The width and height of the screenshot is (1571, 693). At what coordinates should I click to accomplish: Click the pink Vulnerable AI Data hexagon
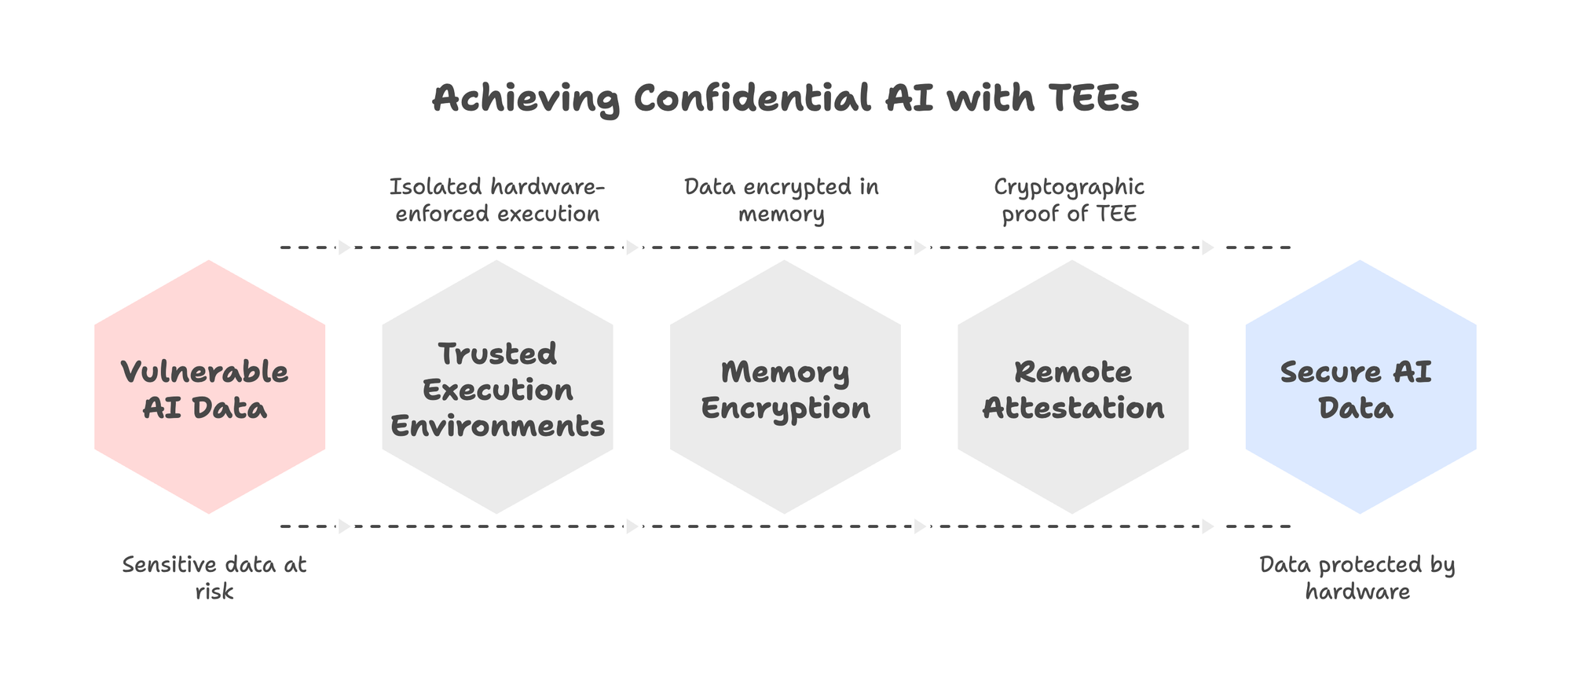pos(210,387)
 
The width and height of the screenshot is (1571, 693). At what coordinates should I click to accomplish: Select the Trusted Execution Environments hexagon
pos(497,387)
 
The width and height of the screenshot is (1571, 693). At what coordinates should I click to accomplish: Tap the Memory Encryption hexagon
pos(785,387)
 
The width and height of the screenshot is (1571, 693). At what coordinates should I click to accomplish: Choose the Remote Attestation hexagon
pos(1073,387)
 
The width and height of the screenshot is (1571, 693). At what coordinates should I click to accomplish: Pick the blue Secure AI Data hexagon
pos(1361,387)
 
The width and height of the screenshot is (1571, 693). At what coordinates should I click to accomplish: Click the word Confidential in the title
pos(753,99)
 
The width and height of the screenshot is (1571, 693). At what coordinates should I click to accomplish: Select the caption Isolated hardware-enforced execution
pos(497,200)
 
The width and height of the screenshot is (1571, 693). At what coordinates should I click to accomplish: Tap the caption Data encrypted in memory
pos(782,200)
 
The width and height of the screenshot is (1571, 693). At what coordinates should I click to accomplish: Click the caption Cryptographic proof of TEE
pos(1069,200)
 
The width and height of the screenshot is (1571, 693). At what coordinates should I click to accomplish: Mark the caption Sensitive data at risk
pos(214,577)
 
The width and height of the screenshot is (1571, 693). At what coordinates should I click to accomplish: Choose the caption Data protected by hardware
pos(1357,577)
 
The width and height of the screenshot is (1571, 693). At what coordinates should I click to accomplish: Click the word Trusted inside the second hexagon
pos(497,354)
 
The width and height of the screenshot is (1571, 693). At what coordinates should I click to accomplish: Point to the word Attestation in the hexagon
pos(1073,408)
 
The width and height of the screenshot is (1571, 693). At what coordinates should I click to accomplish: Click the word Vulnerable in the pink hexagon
pos(205,372)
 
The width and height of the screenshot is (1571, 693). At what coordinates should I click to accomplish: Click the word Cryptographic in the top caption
pos(1069,188)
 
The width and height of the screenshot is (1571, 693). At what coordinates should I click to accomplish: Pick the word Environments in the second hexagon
pos(497,426)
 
